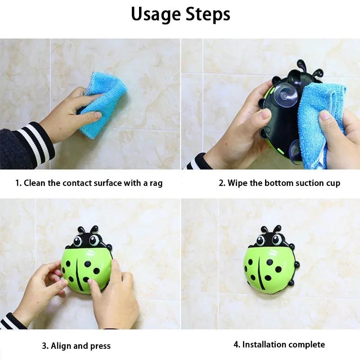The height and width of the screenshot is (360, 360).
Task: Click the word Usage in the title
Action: tap(156, 14)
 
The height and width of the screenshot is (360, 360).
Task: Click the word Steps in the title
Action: tap(207, 14)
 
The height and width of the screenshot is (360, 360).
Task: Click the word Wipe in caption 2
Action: tap(237, 183)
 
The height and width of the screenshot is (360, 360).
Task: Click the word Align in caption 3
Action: tap(61, 346)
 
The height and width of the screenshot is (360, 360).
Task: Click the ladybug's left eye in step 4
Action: tap(262, 241)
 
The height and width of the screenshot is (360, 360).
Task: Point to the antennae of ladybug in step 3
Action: tap(88, 229)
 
